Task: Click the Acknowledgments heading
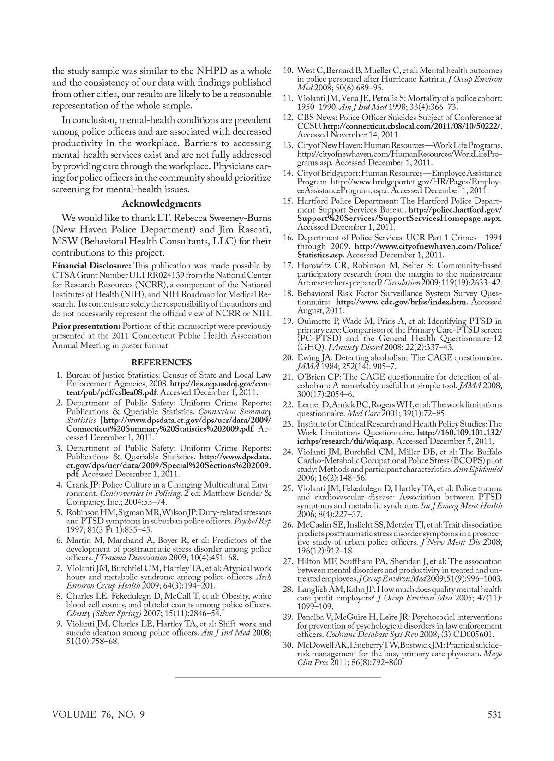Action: coord(161,204)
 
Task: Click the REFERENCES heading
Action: coord(161,363)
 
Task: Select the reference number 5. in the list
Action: coord(60,512)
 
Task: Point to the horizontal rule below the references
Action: coord(277,677)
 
